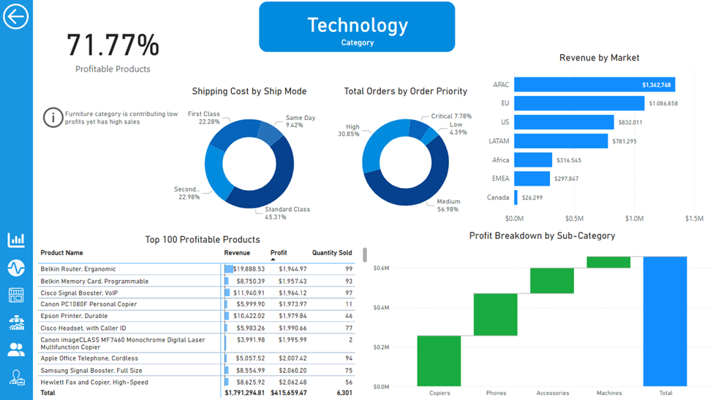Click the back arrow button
[x=15, y=16]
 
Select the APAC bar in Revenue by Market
[x=594, y=85]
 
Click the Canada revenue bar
[x=516, y=197]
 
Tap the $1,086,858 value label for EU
[x=663, y=104]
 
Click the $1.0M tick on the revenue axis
[x=634, y=218]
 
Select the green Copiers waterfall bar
[x=440, y=361]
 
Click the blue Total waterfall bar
[x=665, y=321]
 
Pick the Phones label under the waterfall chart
[x=496, y=393]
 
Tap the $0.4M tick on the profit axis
[x=380, y=307]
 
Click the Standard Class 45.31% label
[x=287, y=213]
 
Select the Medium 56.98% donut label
[x=448, y=205]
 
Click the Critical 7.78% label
[x=451, y=116]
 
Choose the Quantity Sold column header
[x=332, y=253]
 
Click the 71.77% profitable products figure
[x=113, y=45]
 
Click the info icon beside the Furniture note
[x=53, y=117]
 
